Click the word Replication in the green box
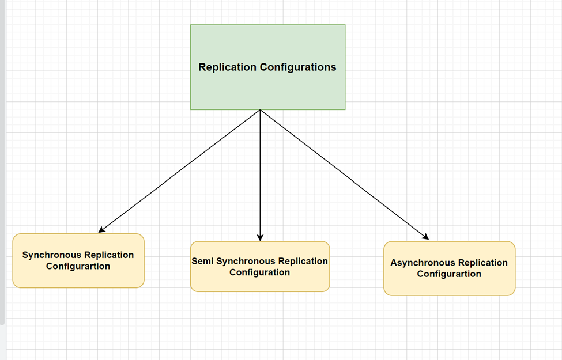(x=227, y=67)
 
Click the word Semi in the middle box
(x=202, y=262)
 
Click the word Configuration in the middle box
(x=259, y=272)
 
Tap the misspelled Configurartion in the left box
(x=78, y=267)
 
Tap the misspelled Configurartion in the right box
(x=449, y=274)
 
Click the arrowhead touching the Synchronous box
(x=101, y=230)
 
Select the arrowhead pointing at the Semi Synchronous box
(x=260, y=237)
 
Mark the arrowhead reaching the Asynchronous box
(x=425, y=236)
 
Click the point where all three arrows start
(x=260, y=110)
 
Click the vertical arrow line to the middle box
(x=260, y=173)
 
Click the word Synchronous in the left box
(x=52, y=255)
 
